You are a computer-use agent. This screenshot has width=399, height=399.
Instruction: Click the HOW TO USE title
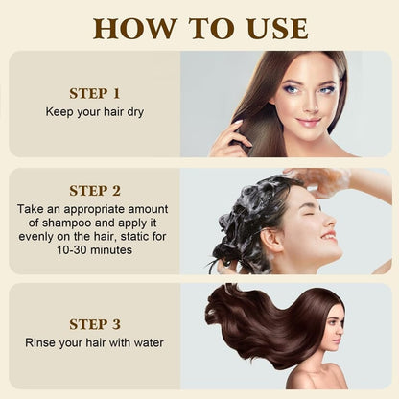199,27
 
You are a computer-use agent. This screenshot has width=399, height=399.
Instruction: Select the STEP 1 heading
95,94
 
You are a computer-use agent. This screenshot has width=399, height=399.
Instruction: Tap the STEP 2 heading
95,190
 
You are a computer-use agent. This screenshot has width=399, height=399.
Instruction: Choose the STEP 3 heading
95,324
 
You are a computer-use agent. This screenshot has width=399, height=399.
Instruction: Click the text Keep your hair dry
95,112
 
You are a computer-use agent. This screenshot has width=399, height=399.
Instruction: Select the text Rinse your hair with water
95,343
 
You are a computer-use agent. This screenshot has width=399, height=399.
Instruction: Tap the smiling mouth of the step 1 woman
309,122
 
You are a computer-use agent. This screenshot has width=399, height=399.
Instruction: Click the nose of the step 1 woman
308,106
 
